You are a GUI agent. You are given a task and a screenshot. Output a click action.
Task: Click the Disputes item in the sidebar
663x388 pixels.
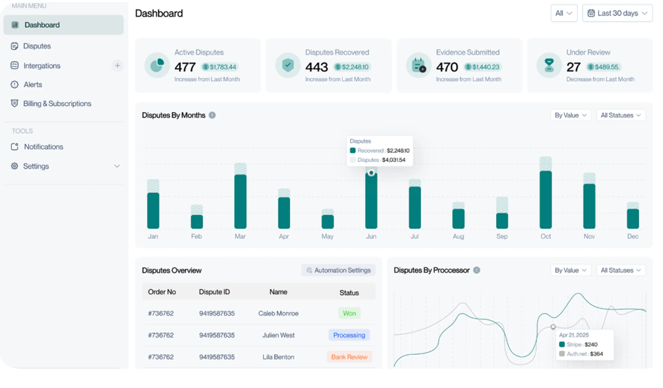pyautogui.click(x=36, y=46)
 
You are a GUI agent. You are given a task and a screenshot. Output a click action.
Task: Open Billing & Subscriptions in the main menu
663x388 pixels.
pyautogui.click(x=56, y=104)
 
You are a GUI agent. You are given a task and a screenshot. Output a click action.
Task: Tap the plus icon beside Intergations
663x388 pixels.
pyautogui.click(x=117, y=66)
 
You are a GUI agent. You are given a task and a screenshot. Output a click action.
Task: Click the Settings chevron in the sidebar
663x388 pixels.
pyautogui.click(x=117, y=166)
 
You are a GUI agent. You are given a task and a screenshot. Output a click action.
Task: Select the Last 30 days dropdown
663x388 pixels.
pyautogui.click(x=617, y=13)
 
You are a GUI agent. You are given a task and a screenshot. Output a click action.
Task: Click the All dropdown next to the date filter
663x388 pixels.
pyautogui.click(x=564, y=13)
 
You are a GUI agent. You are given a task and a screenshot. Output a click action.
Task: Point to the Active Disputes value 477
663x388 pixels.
pyautogui.click(x=185, y=67)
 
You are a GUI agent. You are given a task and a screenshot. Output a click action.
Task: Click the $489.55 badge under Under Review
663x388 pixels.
pyautogui.click(x=603, y=67)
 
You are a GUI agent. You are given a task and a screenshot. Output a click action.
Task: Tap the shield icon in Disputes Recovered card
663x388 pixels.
pyautogui.click(x=288, y=65)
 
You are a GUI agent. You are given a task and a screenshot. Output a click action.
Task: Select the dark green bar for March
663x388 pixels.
pyautogui.click(x=240, y=201)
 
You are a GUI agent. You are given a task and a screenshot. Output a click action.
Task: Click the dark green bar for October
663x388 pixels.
pyautogui.click(x=546, y=199)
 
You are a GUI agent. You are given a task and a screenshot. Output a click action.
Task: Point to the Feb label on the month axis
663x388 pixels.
pyautogui.click(x=196, y=237)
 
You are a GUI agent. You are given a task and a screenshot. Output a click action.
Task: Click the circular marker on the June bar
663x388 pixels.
pyautogui.click(x=371, y=173)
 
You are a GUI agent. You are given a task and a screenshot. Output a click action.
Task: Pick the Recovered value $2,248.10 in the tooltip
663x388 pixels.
pyautogui.click(x=398, y=151)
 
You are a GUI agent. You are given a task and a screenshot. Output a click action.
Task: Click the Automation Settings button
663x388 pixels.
pyautogui.click(x=338, y=271)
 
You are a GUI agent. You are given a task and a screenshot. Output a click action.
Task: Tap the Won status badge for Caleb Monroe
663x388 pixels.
pyautogui.click(x=349, y=314)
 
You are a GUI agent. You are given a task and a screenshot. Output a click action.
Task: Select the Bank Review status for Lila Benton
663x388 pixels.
pyautogui.click(x=349, y=357)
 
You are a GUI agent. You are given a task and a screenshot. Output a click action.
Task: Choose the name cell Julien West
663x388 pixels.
pyautogui.click(x=278, y=336)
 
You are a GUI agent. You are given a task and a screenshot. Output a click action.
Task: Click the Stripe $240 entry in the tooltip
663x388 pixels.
pyautogui.click(x=582, y=345)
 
